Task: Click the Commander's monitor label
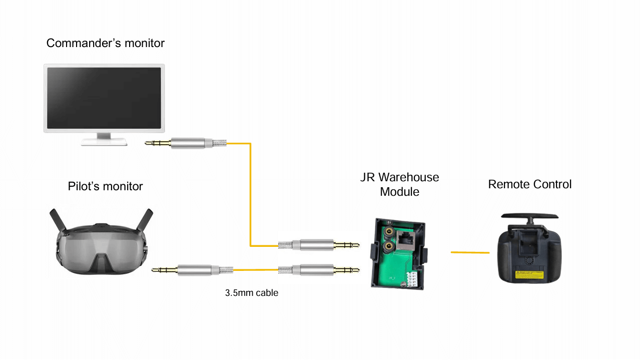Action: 105,44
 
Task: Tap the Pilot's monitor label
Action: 105,187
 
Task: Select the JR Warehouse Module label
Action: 399,184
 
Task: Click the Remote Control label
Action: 529,184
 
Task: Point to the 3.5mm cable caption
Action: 251,293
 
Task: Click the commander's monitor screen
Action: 104,97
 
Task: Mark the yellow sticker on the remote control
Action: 529,274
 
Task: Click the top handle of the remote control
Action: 529,216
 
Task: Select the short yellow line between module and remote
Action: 470,252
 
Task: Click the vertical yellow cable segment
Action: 250,195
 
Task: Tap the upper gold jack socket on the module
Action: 388,232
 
